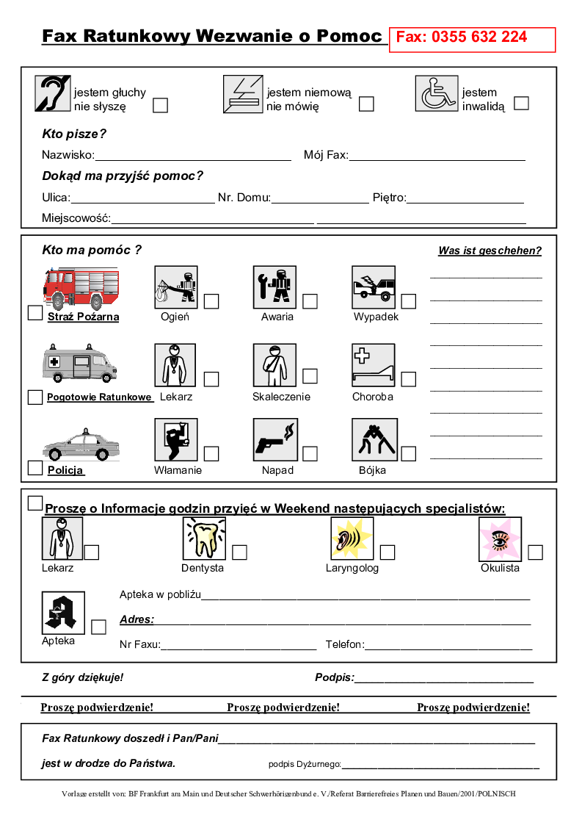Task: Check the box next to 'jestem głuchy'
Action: click(x=160, y=105)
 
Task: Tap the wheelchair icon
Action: click(x=437, y=94)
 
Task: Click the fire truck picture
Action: click(x=81, y=287)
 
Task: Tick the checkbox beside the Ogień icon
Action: click(x=211, y=301)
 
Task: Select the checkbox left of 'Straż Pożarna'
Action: click(x=34, y=313)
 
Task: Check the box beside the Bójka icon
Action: click(x=408, y=454)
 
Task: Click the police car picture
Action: click(x=81, y=444)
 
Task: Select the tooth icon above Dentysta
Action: click(x=204, y=538)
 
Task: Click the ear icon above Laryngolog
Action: click(x=352, y=538)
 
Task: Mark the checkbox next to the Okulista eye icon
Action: click(x=535, y=552)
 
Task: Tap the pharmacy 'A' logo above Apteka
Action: click(x=63, y=613)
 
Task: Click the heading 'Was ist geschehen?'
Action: click(x=490, y=251)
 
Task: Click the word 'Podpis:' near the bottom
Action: click(x=335, y=677)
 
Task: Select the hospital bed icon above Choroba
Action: click(x=374, y=365)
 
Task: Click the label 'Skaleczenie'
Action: click(x=281, y=397)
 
